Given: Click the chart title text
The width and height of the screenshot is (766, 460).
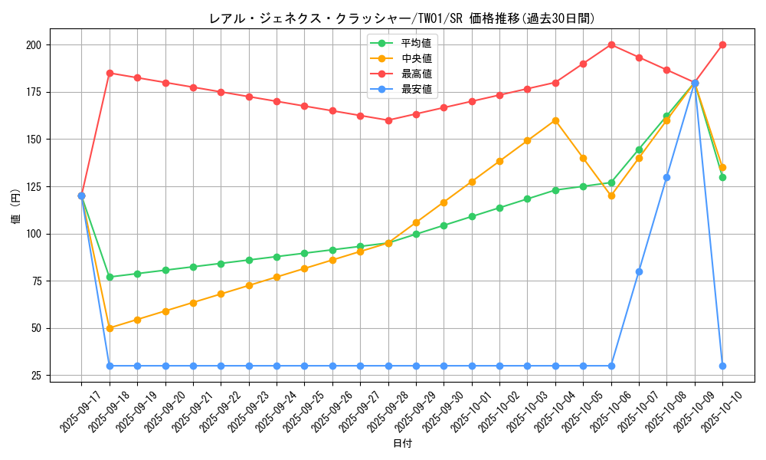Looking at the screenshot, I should pyautogui.click(x=401, y=18).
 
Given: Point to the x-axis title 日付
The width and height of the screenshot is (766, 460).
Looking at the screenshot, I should pyautogui.click(x=401, y=444).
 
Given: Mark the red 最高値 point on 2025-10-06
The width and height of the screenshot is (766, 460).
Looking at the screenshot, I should pyautogui.click(x=611, y=44).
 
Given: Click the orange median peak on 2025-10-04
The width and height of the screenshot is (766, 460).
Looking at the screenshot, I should pyautogui.click(x=555, y=120).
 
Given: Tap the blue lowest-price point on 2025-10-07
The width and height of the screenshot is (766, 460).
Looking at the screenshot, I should pyautogui.click(x=639, y=271).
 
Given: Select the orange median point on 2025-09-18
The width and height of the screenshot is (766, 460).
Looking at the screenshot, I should pyautogui.click(x=110, y=328).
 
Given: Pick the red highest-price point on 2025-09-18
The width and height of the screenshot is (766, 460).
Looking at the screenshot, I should pyautogui.click(x=110, y=73).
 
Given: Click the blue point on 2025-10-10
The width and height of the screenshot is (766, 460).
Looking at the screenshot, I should pyautogui.click(x=722, y=366).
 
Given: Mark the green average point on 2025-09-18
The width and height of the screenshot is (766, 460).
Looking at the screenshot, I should pyautogui.click(x=110, y=277).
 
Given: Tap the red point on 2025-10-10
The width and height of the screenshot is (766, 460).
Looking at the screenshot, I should pyautogui.click(x=722, y=44).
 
